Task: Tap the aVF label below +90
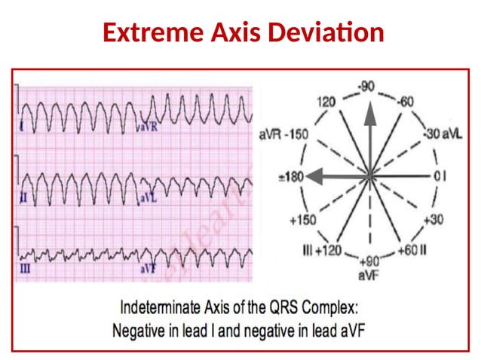tap(369, 276)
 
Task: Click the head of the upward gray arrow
tap(369, 111)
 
